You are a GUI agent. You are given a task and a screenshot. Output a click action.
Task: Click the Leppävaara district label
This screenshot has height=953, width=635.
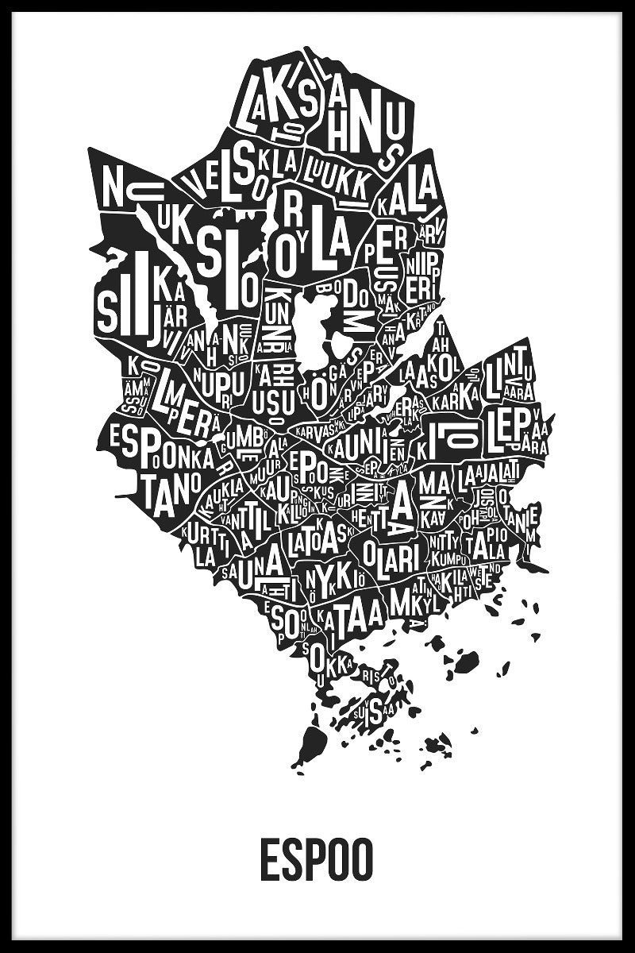click(516, 429)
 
